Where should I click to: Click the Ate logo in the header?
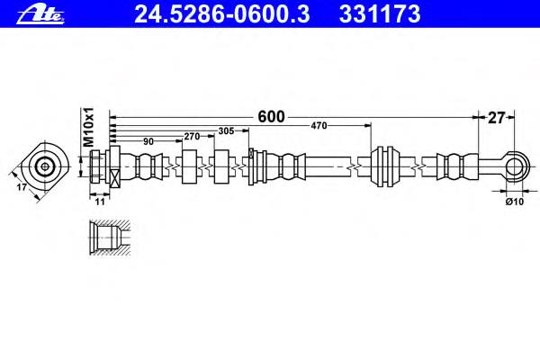click(x=40, y=15)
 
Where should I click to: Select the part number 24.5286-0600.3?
click(x=222, y=14)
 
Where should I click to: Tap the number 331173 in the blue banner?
click(x=380, y=14)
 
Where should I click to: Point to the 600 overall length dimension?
click(x=271, y=117)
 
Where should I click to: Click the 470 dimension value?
click(x=319, y=126)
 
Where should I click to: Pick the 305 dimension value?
click(x=226, y=130)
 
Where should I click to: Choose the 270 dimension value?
click(x=192, y=137)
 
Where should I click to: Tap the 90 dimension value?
click(x=148, y=141)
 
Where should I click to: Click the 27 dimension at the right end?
click(x=496, y=118)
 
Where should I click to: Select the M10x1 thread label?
click(x=88, y=126)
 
